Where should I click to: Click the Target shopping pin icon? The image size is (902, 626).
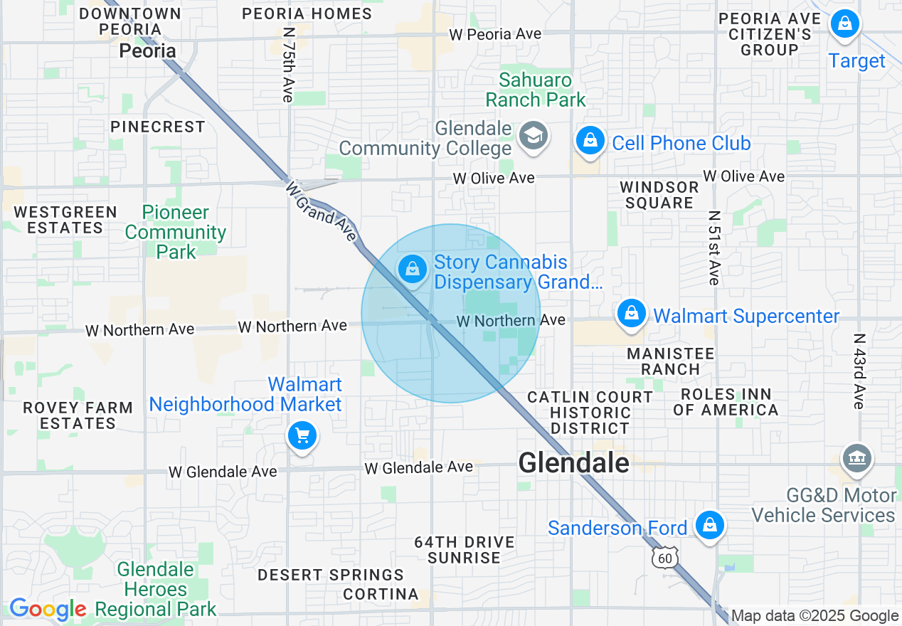pyautogui.click(x=844, y=24)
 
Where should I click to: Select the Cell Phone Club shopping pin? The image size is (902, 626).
pyautogui.click(x=590, y=140)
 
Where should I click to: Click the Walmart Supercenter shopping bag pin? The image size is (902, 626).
pyautogui.click(x=631, y=313)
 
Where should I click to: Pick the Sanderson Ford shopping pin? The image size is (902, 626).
pyautogui.click(x=709, y=526)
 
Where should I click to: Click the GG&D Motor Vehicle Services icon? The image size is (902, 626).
pyautogui.click(x=856, y=459)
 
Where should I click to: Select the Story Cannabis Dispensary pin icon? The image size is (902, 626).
pyautogui.click(x=412, y=269)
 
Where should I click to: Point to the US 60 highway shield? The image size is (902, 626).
pyautogui.click(x=664, y=558)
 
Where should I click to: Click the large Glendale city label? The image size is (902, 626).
pyautogui.click(x=573, y=464)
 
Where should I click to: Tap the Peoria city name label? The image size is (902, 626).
pyautogui.click(x=147, y=51)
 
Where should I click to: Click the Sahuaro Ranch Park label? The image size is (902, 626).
pyautogui.click(x=536, y=90)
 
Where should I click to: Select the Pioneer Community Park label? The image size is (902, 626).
pyautogui.click(x=176, y=232)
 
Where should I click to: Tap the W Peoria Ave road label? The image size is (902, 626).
pyautogui.click(x=495, y=34)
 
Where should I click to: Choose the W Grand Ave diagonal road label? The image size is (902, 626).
pyautogui.click(x=321, y=211)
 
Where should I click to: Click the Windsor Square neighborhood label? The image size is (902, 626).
pyautogui.click(x=659, y=195)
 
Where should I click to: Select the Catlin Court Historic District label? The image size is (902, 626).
pyautogui.click(x=590, y=413)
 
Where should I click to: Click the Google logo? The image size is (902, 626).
pyautogui.click(x=48, y=609)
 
